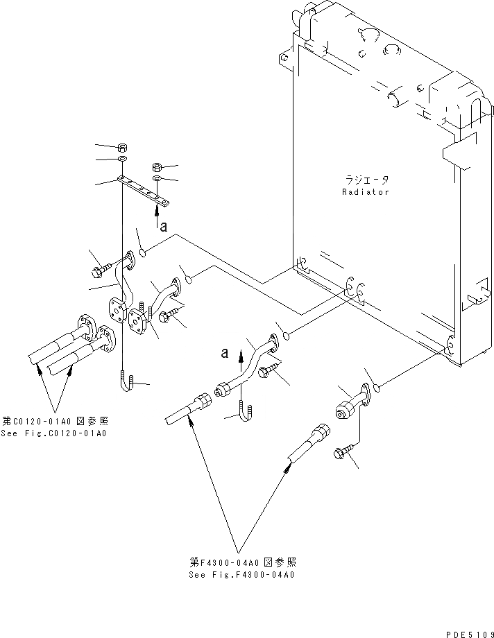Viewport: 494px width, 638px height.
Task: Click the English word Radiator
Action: [x=365, y=192]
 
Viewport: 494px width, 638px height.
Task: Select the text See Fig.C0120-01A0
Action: [x=55, y=434]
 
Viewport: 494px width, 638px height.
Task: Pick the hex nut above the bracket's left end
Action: [x=122, y=148]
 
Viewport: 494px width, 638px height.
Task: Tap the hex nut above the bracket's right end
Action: [x=157, y=168]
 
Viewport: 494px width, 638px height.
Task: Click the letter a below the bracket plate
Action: [x=164, y=226]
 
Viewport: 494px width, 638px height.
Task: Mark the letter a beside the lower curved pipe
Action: [x=224, y=353]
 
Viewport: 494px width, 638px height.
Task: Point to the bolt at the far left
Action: [x=99, y=266]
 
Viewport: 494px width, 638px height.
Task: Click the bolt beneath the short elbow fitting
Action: [x=345, y=454]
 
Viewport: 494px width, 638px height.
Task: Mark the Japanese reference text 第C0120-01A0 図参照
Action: [x=55, y=422]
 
